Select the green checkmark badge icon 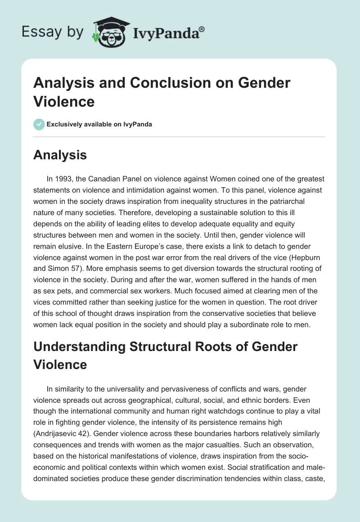(39, 124)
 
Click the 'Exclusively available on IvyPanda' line (99, 124)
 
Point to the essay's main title (162, 92)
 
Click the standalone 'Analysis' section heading (60, 155)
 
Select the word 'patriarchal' (268, 203)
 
